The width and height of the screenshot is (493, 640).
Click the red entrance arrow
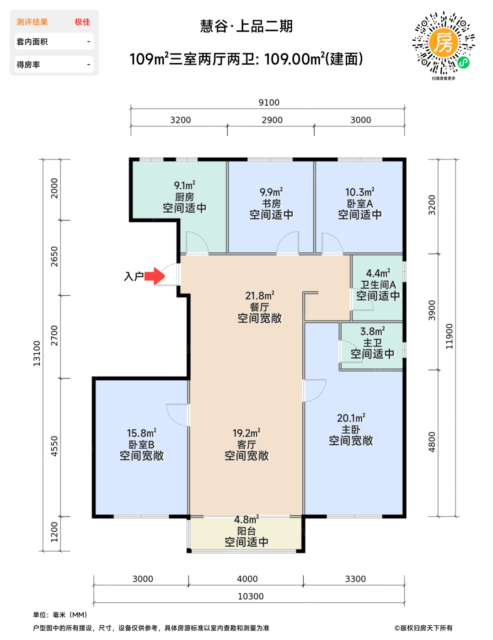pos(154,276)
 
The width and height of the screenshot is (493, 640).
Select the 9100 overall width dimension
pos(268,102)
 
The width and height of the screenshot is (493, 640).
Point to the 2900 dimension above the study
pos(272,120)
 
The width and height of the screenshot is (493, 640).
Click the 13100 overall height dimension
pos(37,353)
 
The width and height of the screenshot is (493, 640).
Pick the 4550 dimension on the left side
pos(54,446)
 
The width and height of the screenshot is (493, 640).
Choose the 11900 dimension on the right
pos(449,336)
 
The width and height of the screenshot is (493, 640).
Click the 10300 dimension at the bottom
pos(250,597)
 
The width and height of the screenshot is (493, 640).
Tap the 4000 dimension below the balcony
pos(247,579)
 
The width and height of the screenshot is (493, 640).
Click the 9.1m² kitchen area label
pos(185,185)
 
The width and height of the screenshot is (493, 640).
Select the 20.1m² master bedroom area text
pos(351,418)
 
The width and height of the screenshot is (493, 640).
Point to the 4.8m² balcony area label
pos(246,519)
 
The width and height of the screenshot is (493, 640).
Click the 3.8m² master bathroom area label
pos(373,331)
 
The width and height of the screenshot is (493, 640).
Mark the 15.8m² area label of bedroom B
pos(142,433)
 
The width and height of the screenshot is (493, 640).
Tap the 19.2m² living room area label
pos(246,433)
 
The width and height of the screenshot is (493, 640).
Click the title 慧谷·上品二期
pos(246,26)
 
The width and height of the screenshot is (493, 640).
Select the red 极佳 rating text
pos(82,22)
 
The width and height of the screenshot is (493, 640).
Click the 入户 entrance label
pos(134,276)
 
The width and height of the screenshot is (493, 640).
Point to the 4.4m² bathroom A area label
pos(378,273)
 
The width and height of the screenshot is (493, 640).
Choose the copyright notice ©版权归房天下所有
pos(423,628)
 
